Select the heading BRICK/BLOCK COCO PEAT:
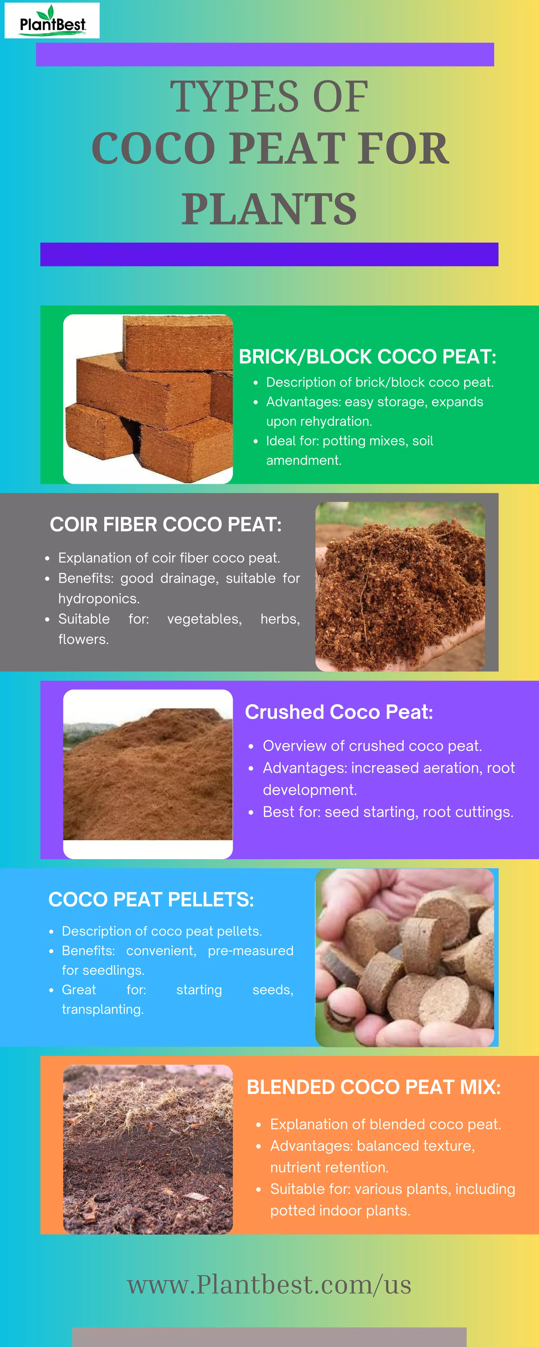tap(367, 357)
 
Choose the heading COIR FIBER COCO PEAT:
tap(165, 525)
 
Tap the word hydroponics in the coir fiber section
tap(98, 599)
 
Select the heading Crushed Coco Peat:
tap(338, 712)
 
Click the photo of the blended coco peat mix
tap(148, 1149)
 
